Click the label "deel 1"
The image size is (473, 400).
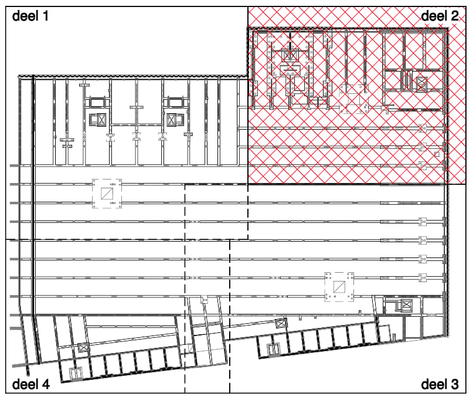click(30, 16)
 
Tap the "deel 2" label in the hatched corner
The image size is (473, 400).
click(440, 16)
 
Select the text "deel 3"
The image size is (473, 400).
click(440, 385)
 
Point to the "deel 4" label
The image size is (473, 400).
click(30, 385)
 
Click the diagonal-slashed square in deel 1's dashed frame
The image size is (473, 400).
click(107, 194)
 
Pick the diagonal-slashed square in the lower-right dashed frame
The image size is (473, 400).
click(339, 287)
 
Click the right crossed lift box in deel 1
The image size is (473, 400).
click(171, 120)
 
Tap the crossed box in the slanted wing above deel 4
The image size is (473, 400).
click(83, 347)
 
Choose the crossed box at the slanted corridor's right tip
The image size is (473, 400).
click(281, 323)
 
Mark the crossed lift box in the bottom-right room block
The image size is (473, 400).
click(406, 306)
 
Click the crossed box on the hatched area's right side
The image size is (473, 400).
click(421, 83)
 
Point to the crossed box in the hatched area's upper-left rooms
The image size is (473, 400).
click(290, 55)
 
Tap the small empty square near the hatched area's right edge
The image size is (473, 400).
click(437, 155)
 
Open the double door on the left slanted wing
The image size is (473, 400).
click(76, 374)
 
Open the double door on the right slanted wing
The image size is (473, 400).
click(273, 350)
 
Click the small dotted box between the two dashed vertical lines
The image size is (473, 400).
click(204, 300)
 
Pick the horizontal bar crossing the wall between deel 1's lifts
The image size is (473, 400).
click(137, 107)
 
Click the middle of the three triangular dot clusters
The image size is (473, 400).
click(137, 137)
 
